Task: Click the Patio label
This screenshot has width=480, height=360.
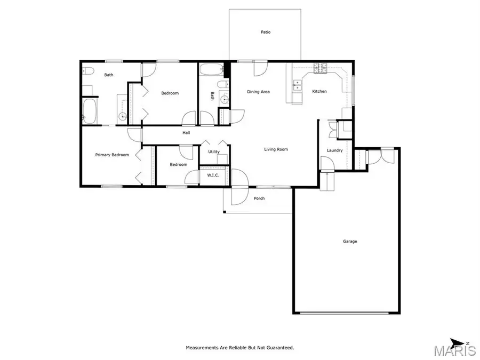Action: [266, 32]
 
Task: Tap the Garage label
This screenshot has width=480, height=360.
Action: [350, 242]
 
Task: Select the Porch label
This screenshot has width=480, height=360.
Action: [259, 198]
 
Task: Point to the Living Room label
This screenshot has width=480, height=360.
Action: [276, 149]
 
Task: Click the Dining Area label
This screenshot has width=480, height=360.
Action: [258, 92]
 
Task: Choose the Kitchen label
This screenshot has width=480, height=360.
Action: [319, 92]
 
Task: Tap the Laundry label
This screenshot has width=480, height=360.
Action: [334, 150]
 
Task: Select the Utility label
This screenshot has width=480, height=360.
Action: [213, 152]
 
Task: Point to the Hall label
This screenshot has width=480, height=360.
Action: [186, 133]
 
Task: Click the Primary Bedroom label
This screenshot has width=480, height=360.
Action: [112, 155]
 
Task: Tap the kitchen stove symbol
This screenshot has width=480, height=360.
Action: [322, 68]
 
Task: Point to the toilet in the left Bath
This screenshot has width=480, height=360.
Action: [88, 71]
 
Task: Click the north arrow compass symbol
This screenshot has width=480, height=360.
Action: [458, 343]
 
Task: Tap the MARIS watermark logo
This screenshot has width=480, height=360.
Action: [454, 351]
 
